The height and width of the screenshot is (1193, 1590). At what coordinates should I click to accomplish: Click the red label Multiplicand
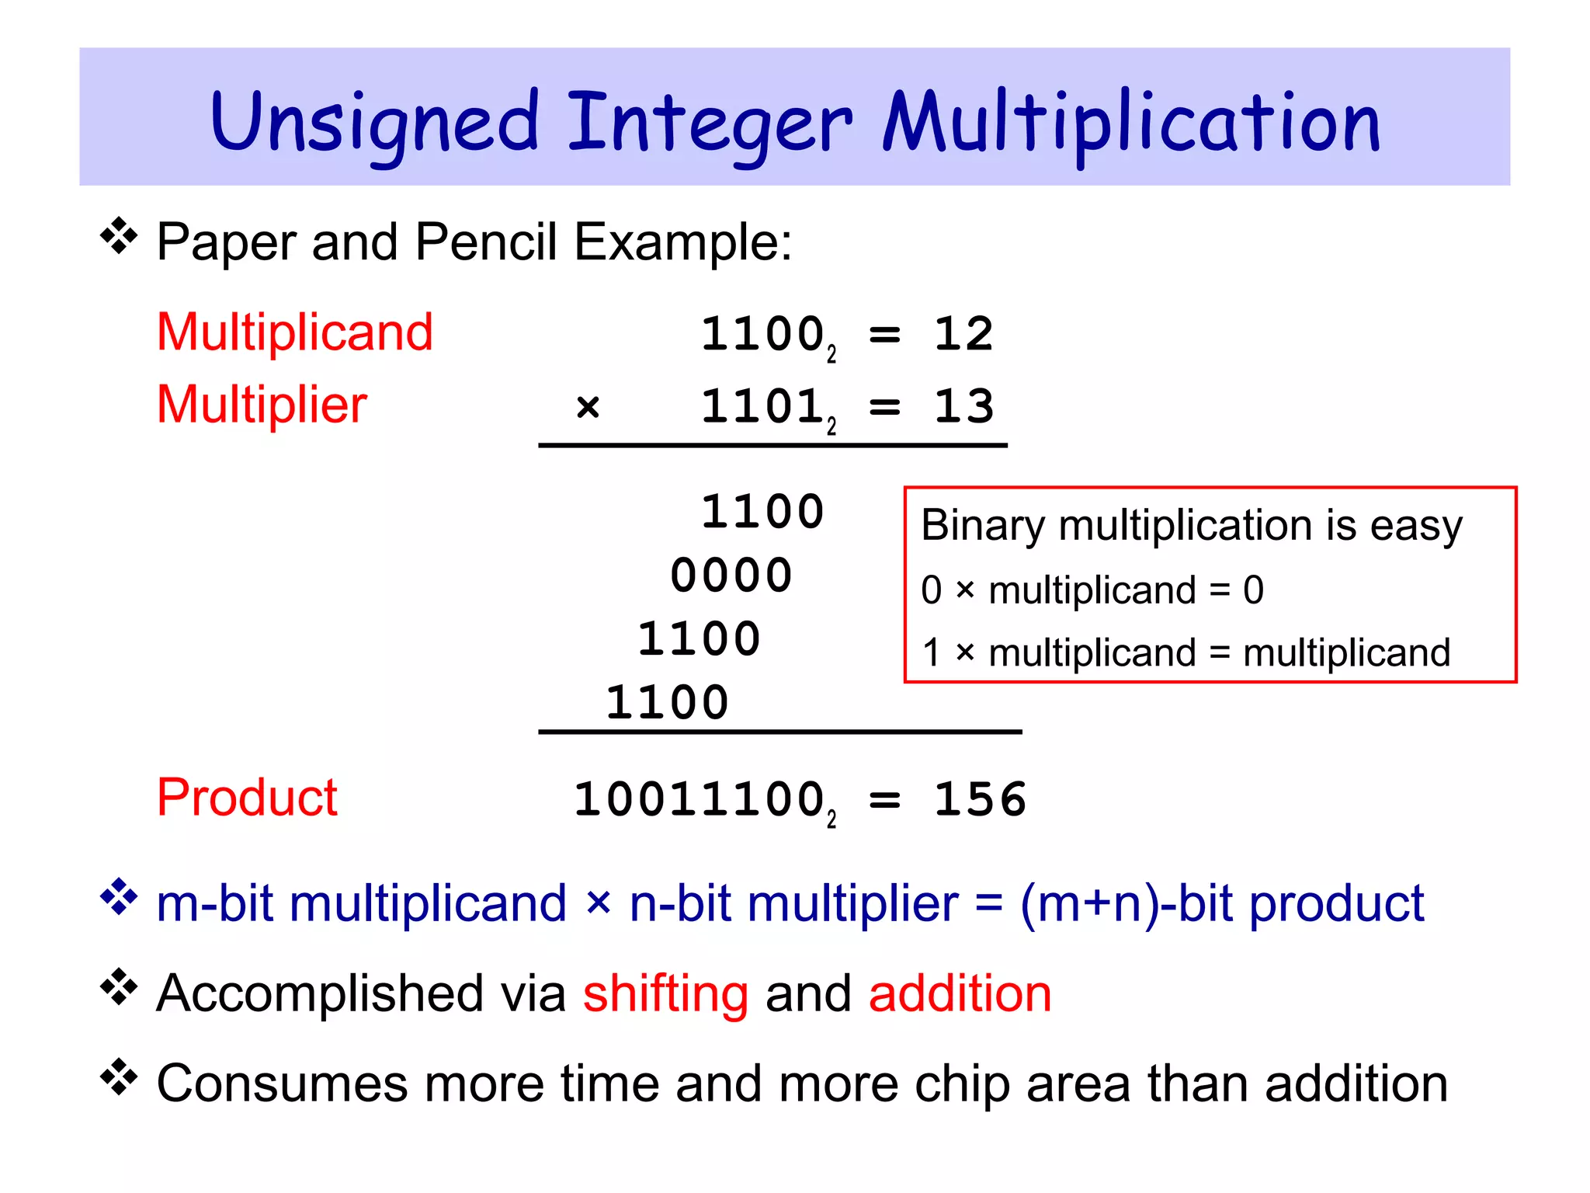(x=295, y=332)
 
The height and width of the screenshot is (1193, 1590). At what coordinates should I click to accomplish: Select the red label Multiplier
(x=262, y=405)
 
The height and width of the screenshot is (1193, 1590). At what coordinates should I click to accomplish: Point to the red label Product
(x=247, y=798)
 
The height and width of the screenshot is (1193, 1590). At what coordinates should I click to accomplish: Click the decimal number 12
(x=963, y=335)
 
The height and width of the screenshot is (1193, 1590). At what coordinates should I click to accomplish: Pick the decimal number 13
(x=963, y=406)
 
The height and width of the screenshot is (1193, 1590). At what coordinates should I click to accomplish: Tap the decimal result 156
(x=980, y=800)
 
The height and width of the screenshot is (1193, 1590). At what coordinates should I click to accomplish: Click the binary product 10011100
(x=699, y=800)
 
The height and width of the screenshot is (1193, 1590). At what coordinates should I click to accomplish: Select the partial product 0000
(x=731, y=576)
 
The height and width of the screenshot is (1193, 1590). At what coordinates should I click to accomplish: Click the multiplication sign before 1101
(x=588, y=407)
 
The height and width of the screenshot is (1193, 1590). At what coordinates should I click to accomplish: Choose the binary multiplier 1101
(x=762, y=407)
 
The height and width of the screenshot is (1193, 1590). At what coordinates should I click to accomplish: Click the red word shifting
(x=665, y=994)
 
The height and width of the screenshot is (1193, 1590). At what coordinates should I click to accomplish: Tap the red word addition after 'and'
(x=960, y=994)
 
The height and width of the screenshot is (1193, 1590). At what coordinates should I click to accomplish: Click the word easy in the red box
(x=1416, y=527)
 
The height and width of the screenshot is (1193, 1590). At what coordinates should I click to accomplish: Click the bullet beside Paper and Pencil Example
(x=119, y=236)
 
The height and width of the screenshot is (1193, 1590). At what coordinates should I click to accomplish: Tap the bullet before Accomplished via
(x=119, y=987)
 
